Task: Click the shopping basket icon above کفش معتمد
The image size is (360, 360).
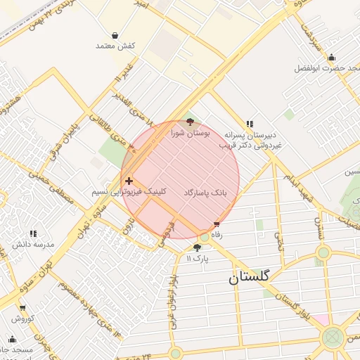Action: tap(115, 35)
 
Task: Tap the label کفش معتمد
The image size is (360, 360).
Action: tap(115, 46)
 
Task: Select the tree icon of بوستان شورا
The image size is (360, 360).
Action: tap(190, 122)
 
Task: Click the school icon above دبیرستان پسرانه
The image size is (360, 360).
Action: tap(250, 123)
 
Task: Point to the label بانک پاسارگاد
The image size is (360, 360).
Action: tap(205, 192)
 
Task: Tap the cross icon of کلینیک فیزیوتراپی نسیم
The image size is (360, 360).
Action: tap(129, 181)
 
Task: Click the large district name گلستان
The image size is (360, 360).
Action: tap(249, 278)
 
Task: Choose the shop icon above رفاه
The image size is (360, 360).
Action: tap(217, 225)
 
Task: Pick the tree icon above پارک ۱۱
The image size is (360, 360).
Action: tap(197, 248)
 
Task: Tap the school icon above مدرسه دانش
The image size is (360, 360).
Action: tap(32, 233)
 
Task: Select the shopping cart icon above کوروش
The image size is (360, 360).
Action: tap(22, 307)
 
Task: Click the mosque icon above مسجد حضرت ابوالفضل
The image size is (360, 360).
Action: tap(331, 58)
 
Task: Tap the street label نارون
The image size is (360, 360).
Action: tap(127, 227)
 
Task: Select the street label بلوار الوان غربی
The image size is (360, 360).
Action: tap(172, 302)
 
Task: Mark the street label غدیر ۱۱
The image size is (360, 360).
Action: tap(122, 82)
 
